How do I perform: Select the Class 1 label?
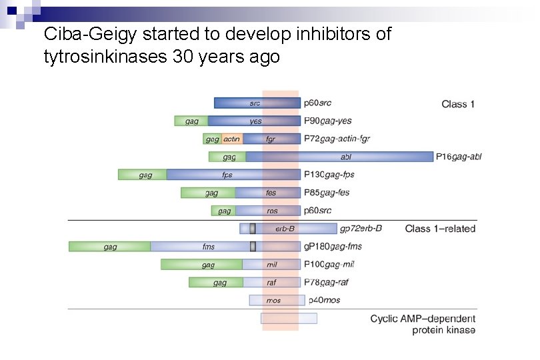458,104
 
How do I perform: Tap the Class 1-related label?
440,229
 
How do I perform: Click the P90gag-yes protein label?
327,121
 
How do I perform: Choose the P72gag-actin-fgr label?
337,139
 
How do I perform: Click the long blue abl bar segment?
347,157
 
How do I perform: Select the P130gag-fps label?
329,175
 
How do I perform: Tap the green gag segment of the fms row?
110,247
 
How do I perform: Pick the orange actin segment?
231,139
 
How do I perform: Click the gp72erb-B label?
361,229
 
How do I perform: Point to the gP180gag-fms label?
333,247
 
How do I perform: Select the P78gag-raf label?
326,283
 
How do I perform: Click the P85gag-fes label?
327,193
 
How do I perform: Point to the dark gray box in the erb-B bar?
253,229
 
